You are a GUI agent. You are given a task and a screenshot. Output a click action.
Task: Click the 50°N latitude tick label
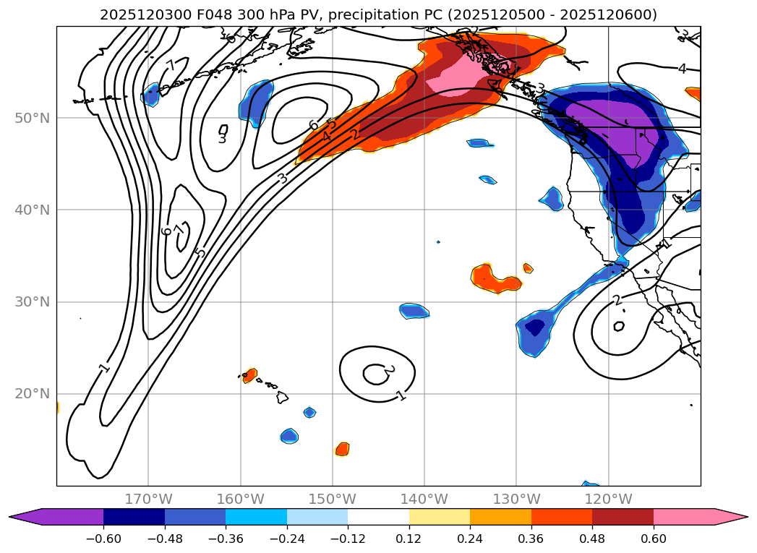[32, 118]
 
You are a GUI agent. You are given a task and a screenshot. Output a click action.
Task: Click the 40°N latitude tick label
[32, 210]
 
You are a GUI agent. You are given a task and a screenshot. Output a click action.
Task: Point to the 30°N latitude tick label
[32, 301]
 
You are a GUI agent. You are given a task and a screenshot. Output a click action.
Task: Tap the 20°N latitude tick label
[32, 394]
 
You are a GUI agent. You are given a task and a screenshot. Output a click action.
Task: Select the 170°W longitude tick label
[148, 499]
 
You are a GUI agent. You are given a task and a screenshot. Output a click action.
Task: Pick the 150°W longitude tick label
[333, 499]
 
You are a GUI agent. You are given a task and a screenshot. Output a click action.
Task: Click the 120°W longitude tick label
[608, 499]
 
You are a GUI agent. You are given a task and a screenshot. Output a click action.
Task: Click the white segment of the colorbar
[378, 517]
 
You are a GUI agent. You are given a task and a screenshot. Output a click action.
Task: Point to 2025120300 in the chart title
[134, 14]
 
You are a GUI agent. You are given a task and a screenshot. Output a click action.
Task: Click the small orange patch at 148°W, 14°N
[343, 449]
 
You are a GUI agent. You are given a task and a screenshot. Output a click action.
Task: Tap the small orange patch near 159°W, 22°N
[249, 375]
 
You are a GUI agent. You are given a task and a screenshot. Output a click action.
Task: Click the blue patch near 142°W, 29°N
[414, 311]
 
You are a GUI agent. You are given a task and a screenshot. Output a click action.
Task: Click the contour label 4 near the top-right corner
[682, 69]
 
